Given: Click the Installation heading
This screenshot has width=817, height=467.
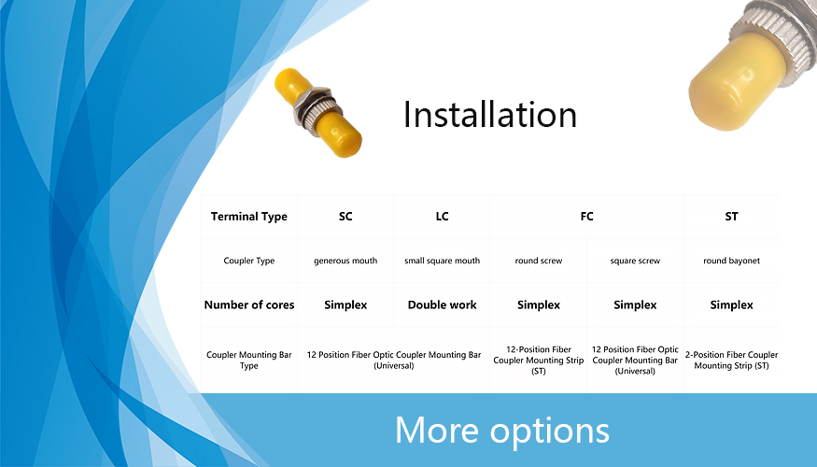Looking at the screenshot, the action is click(x=490, y=114).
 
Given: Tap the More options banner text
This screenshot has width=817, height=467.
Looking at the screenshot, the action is click(x=501, y=431).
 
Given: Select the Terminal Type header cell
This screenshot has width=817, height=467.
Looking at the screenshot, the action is click(x=249, y=217).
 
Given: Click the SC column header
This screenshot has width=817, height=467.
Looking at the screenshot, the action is click(x=345, y=217).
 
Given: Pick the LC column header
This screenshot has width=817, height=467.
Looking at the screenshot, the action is click(x=442, y=217).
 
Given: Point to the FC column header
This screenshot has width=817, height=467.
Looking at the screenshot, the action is click(x=586, y=217).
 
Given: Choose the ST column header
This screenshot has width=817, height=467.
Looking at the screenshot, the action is click(x=731, y=217).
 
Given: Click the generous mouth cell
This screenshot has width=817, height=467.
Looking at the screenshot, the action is click(x=345, y=261).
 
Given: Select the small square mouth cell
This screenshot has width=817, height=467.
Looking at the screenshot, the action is click(x=442, y=261).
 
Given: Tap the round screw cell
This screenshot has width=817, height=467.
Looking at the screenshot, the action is click(x=539, y=261).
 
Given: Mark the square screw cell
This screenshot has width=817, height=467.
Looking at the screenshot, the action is click(x=635, y=261).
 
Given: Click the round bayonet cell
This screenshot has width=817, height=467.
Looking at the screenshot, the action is click(x=731, y=261).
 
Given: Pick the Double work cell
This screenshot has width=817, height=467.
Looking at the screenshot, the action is click(x=442, y=304).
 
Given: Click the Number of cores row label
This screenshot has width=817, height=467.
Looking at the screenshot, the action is click(x=249, y=304).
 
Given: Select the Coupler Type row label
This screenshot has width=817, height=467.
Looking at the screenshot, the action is click(x=249, y=261).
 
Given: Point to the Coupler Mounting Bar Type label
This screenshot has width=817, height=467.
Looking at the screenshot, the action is click(x=249, y=361).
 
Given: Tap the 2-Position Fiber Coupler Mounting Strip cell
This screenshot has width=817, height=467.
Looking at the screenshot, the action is click(x=731, y=361).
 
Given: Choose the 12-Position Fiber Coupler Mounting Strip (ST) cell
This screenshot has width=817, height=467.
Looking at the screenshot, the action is click(x=539, y=361).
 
